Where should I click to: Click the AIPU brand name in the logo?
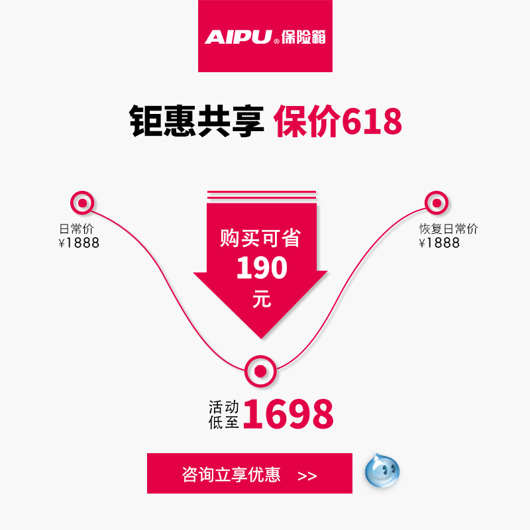click(238, 37)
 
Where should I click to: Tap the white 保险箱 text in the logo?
click(303, 37)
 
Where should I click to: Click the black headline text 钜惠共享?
click(196, 121)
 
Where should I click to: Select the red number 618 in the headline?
click(372, 121)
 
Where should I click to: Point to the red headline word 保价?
click(307, 121)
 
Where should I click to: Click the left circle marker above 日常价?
click(82, 203)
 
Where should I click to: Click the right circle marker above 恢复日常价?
click(437, 203)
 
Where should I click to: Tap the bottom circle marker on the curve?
click(260, 371)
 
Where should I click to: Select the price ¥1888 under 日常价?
click(79, 242)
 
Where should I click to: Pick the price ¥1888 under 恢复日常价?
click(439, 242)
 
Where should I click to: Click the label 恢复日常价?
click(449, 229)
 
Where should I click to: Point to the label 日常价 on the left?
click(76, 229)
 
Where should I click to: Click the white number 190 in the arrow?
click(262, 268)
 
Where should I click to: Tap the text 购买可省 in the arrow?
click(260, 238)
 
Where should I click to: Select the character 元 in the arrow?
click(262, 299)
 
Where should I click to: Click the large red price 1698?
click(288, 414)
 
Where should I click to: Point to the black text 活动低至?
click(224, 415)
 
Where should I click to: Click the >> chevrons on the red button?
click(307, 476)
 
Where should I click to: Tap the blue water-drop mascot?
click(382, 470)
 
